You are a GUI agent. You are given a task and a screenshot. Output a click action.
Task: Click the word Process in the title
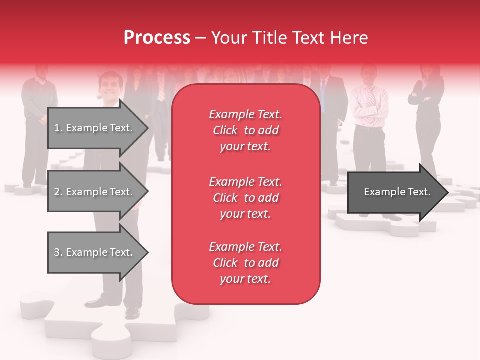click(x=157, y=38)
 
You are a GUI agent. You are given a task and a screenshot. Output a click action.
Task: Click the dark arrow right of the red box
click(x=395, y=192)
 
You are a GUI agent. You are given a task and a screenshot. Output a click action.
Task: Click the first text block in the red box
click(x=245, y=130)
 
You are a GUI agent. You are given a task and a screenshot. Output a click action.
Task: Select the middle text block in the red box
click(x=245, y=198)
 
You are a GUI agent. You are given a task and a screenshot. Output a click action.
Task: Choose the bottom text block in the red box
click(x=245, y=263)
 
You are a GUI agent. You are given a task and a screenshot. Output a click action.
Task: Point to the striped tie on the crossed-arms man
click(x=371, y=102)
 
